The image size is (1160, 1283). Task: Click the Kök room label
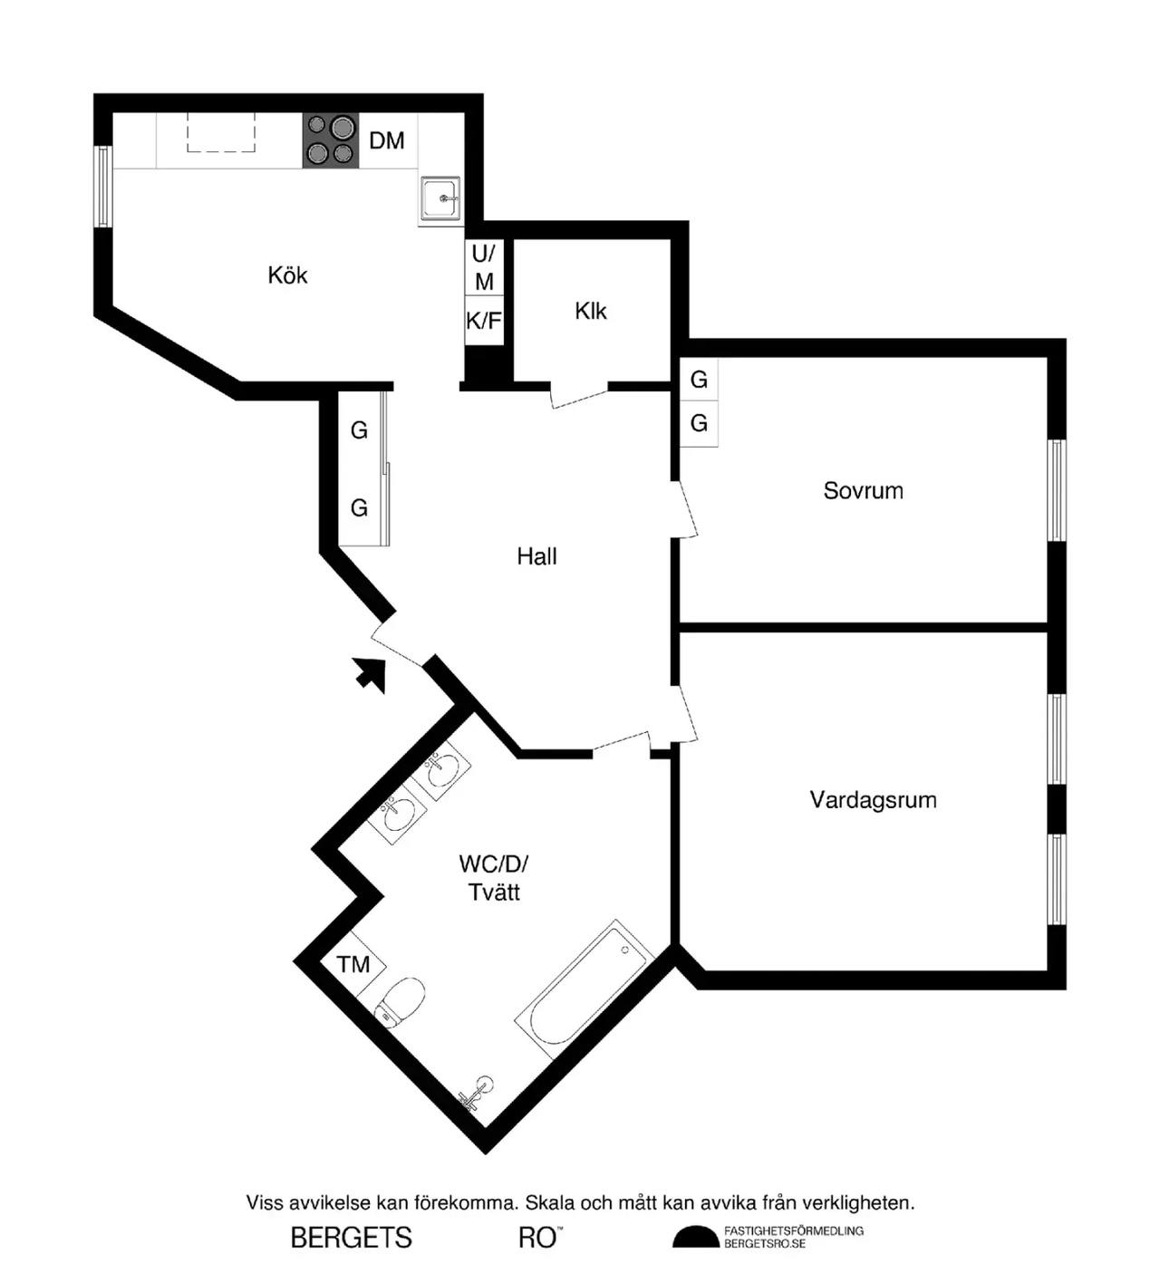[287, 275]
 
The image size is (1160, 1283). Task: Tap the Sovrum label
[863, 490]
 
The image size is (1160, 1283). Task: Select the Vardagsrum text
[873, 800]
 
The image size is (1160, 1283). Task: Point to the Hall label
[536, 556]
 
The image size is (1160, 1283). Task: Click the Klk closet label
[591, 312]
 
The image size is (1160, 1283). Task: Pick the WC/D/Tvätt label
[494, 877]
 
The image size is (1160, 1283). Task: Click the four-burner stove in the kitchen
[331, 140]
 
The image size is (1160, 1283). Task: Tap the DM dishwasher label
[386, 140]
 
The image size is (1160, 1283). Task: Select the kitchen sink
[440, 199]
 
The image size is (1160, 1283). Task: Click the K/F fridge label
[484, 321]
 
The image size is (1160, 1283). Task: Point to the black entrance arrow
[371, 674]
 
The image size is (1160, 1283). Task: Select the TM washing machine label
[353, 964]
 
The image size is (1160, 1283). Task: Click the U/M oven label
[484, 267]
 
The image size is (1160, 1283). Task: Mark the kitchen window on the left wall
[103, 186]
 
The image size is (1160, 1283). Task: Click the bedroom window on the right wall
[1057, 490]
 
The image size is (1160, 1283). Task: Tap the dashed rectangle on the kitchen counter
[221, 132]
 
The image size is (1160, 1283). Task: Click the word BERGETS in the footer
[352, 1239]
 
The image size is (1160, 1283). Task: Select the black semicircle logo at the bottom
[695, 1237]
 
